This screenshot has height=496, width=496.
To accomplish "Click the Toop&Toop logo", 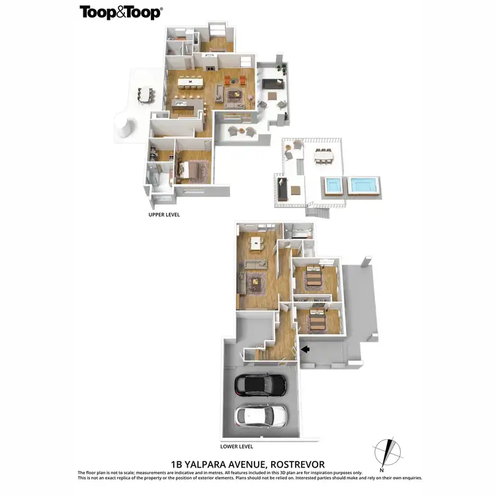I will pyautogui.click(x=121, y=12).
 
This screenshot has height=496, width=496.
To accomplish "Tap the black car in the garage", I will pyautogui.click(x=261, y=383).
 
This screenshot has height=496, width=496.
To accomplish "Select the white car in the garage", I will pyautogui.click(x=261, y=416).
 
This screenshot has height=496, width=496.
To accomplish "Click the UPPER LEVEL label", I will pyautogui.click(x=164, y=215).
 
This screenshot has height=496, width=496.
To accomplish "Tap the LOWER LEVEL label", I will pyautogui.click(x=238, y=446).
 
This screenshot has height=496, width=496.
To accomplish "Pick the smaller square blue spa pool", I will pyautogui.click(x=335, y=187).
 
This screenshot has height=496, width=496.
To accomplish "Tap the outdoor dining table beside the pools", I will pyautogui.click(x=324, y=155).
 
